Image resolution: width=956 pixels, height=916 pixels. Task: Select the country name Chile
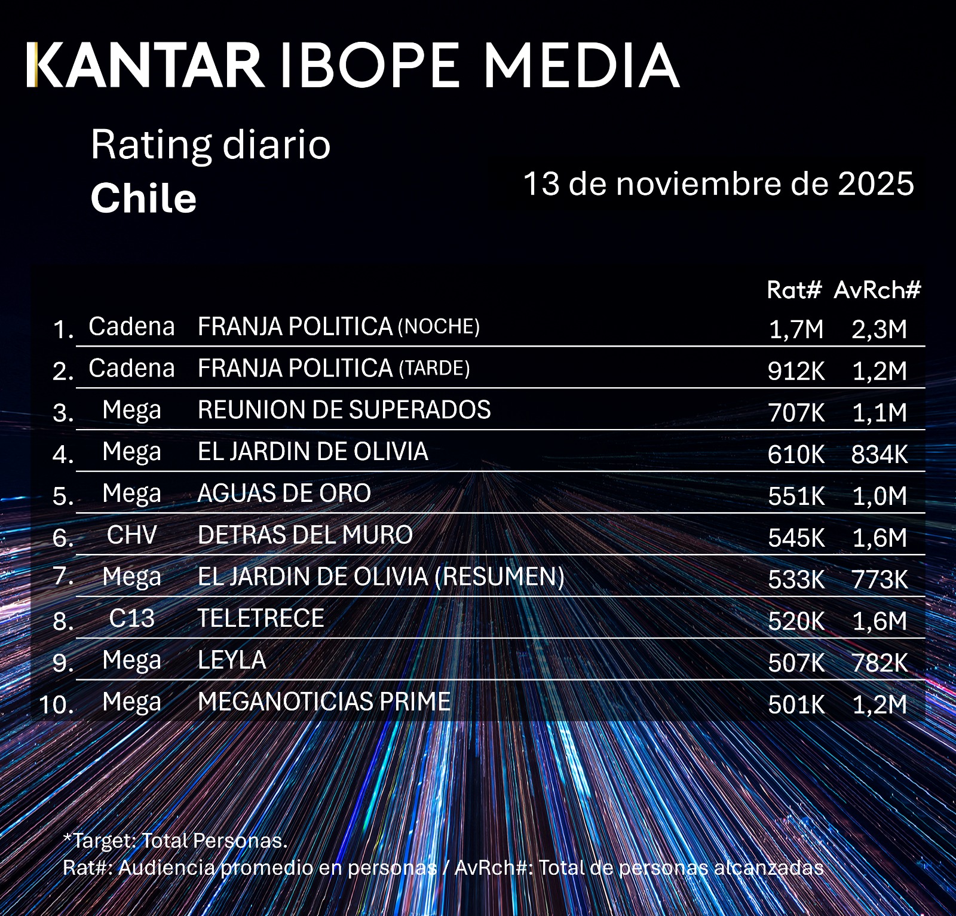click(x=143, y=198)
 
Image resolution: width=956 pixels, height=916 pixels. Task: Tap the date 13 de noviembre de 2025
click(x=718, y=183)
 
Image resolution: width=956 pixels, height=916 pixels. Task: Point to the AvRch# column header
click(x=877, y=290)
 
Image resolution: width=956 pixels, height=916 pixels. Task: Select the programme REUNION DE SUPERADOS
click(x=344, y=410)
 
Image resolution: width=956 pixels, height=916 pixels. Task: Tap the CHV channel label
click(x=131, y=535)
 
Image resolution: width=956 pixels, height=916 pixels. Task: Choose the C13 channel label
click(x=131, y=618)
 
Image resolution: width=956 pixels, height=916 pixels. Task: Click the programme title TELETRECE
click(x=261, y=618)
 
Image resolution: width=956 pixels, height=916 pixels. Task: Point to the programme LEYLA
click(x=232, y=660)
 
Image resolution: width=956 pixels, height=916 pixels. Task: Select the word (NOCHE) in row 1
click(x=439, y=327)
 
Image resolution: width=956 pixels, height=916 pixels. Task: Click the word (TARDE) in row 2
click(x=434, y=369)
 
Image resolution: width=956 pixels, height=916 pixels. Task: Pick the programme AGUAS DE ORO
click(x=284, y=494)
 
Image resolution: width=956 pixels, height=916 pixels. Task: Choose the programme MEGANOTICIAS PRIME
click(x=324, y=702)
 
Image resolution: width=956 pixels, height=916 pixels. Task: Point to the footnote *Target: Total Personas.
click(x=175, y=841)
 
